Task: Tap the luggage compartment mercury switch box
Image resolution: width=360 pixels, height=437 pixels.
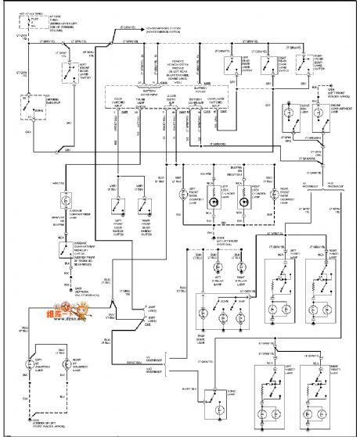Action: [62, 252]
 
